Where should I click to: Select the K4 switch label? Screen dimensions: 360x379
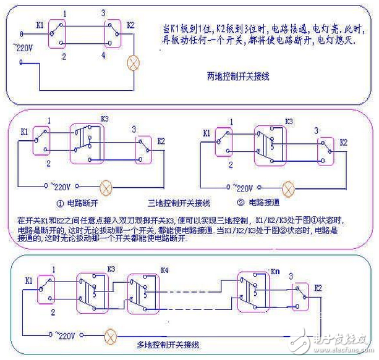tap(164, 271)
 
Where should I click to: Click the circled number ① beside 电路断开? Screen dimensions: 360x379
tap(61, 202)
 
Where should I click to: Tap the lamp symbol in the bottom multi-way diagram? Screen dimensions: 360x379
tap(111, 337)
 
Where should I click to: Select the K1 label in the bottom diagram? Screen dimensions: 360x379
tap(29, 280)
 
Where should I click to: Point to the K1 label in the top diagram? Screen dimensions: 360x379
tap(40, 25)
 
